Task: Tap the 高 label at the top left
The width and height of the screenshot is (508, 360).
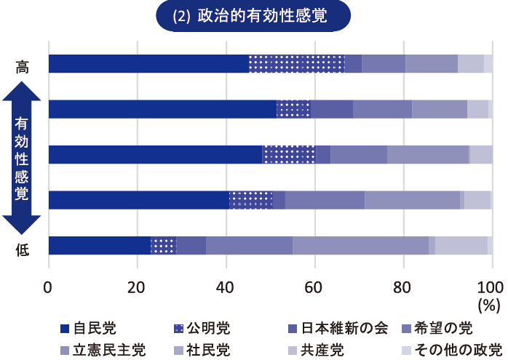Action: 23,66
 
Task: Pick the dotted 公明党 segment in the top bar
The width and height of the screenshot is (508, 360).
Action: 296,64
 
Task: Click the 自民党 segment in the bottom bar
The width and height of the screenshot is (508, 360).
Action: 99,246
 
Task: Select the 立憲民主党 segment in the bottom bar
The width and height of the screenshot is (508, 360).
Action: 360,246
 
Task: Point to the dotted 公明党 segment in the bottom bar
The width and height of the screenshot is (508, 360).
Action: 163,246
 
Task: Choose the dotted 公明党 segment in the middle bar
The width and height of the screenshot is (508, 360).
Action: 289,155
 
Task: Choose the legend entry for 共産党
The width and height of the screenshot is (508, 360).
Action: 321,349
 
